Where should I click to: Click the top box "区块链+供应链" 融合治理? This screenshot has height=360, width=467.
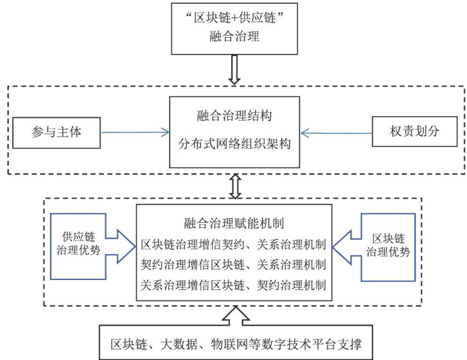click(x=234, y=28)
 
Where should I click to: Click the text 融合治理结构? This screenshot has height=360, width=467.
click(x=234, y=118)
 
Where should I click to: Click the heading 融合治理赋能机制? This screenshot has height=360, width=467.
click(x=234, y=224)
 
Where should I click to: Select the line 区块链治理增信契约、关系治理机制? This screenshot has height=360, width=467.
click(x=234, y=244)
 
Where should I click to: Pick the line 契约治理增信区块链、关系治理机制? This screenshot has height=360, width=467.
click(x=234, y=263)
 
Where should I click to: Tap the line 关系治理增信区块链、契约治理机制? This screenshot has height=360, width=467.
click(x=234, y=283)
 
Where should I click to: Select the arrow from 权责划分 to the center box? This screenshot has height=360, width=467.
click(x=336, y=133)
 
